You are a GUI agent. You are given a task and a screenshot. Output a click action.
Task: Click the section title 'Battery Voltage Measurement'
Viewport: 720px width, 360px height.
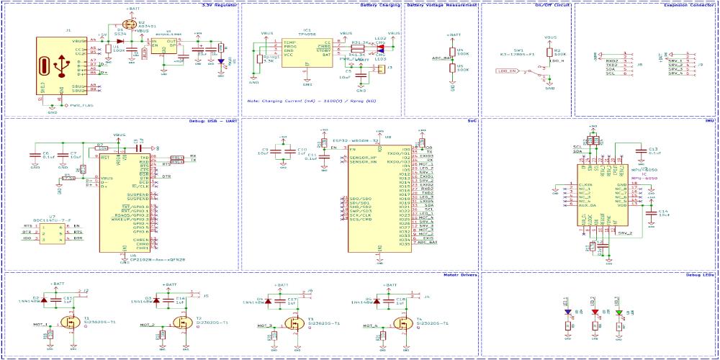click(441, 4)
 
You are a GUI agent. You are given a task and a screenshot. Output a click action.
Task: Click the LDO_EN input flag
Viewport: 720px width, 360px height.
click(508, 71)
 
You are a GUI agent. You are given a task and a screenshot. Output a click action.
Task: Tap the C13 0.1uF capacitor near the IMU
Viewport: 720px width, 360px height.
click(642, 150)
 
